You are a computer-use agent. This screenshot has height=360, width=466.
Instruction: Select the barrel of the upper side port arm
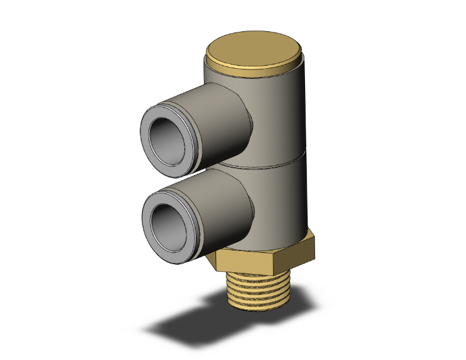[x=216, y=122]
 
